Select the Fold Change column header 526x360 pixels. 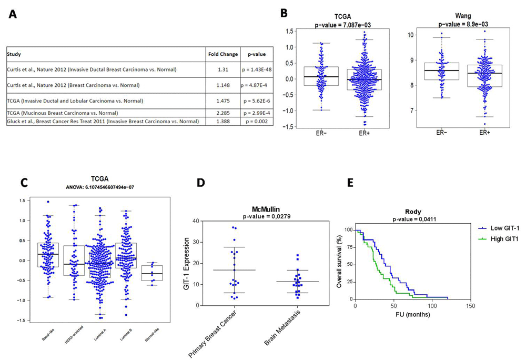coord(221,54)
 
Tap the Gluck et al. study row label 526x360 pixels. coord(103,122)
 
